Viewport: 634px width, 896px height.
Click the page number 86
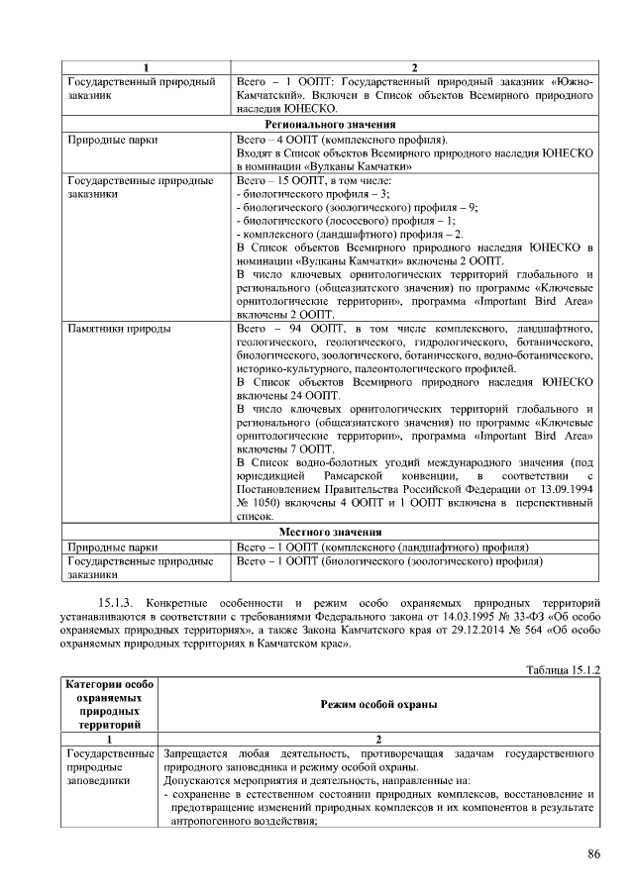[x=593, y=853]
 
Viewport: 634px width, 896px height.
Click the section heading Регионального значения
[x=330, y=125]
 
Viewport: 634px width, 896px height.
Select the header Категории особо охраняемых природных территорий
[x=109, y=703]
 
